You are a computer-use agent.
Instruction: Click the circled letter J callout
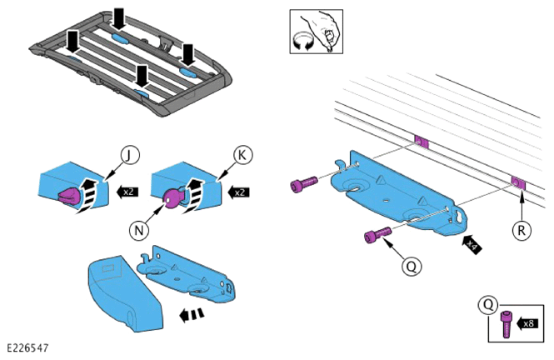pyautogui.click(x=130, y=155)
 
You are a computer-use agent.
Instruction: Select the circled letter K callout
pyautogui.click(x=242, y=155)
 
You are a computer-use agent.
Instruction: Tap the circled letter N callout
pyautogui.click(x=139, y=230)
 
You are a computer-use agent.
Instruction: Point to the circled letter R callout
pyautogui.click(x=522, y=230)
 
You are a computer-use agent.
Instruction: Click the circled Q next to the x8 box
pyautogui.click(x=488, y=304)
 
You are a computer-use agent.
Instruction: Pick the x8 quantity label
pyautogui.click(x=527, y=323)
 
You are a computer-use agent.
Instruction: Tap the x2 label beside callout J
pyautogui.click(x=127, y=192)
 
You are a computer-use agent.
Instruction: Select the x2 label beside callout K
pyautogui.click(x=238, y=192)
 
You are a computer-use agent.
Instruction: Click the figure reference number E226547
pyautogui.click(x=27, y=347)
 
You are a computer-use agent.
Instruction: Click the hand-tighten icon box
pyautogui.click(x=317, y=32)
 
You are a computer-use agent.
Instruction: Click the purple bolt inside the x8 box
pyautogui.click(x=506, y=324)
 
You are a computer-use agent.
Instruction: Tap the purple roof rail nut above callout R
pyautogui.click(x=519, y=183)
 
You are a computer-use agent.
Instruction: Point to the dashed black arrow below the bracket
pyautogui.click(x=191, y=314)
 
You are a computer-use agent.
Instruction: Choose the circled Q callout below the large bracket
pyautogui.click(x=412, y=266)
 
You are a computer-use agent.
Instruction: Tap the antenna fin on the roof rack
pyautogui.click(x=166, y=42)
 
